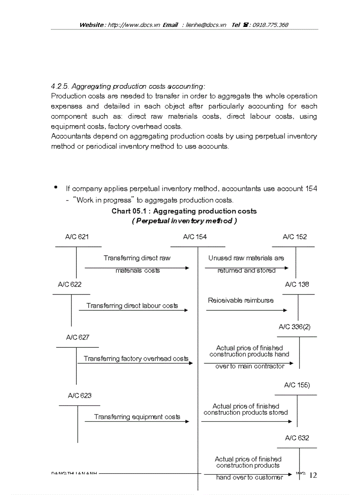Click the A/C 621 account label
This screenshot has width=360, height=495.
(77, 237)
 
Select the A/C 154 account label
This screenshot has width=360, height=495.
(195, 237)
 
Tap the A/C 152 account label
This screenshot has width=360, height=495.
(295, 237)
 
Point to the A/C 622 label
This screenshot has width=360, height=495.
(70, 284)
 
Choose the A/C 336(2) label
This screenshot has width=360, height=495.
(295, 327)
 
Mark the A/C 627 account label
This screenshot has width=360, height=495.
(78, 337)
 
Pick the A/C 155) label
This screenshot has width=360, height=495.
(297, 385)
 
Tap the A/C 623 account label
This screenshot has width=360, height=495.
(80, 395)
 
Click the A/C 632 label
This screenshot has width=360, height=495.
(297, 438)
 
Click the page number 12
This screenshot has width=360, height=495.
(313, 475)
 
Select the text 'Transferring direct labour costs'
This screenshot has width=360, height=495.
(132, 305)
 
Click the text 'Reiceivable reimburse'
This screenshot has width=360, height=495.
(240, 300)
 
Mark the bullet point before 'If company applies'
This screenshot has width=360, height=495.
(56, 187)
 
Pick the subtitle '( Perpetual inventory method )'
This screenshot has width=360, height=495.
(184, 221)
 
